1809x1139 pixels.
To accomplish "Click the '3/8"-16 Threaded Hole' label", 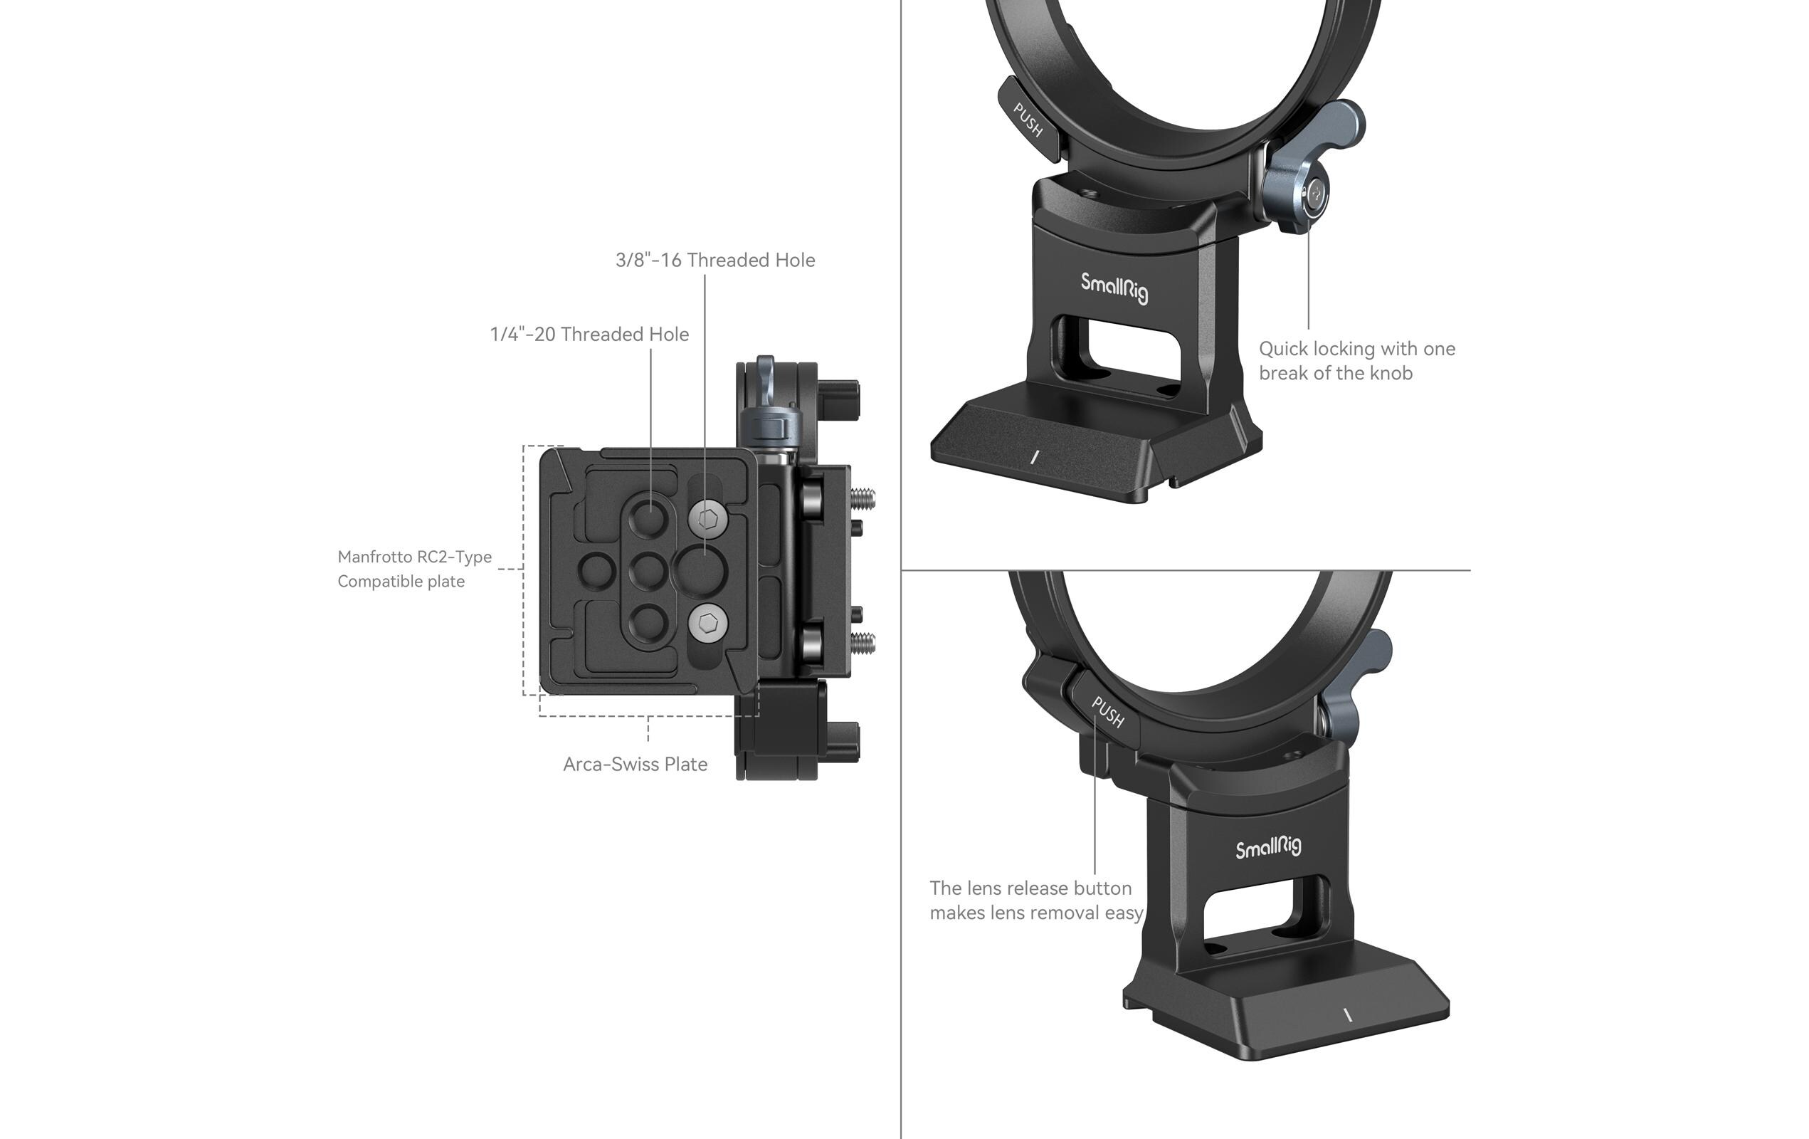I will pyautogui.click(x=714, y=260).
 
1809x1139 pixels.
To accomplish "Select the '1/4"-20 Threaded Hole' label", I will pyautogui.click(x=589, y=335).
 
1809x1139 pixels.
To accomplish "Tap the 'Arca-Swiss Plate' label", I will pyautogui.click(x=635, y=764).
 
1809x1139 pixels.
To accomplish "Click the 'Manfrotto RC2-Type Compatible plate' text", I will pyautogui.click(x=414, y=569).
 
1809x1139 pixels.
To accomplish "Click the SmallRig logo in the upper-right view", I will pyautogui.click(x=1114, y=287).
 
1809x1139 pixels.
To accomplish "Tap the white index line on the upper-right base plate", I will pyautogui.click(x=1035, y=456).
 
